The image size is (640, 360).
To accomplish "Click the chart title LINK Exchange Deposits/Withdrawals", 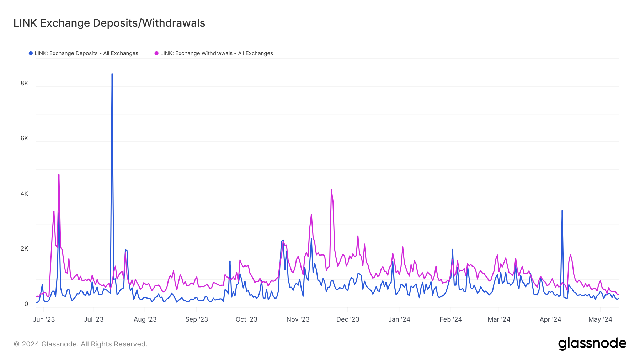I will pos(109,23).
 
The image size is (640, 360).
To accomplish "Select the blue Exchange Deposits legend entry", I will pos(84,53).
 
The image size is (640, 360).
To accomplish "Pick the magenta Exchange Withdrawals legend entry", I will pos(214,53).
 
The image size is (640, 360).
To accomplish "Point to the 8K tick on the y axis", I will pos(24,83).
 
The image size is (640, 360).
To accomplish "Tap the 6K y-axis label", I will pos(24,138).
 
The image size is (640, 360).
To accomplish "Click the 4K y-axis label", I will pos(24,194).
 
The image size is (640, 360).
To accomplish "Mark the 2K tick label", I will pos(24,248).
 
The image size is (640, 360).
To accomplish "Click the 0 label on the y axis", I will pos(26,304).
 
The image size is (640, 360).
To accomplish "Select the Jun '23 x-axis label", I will pos(44,319).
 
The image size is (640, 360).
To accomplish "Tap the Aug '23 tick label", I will pos(145,319).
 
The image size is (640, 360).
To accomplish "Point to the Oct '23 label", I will pos(246,319).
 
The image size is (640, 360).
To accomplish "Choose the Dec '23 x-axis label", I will pos(348,319).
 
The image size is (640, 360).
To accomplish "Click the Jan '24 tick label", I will pos(399,319).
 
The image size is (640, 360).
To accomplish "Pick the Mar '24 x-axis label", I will pos(499,319).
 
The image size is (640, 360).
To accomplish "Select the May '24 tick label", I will pos(600,319).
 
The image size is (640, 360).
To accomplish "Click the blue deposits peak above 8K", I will pos(112,74).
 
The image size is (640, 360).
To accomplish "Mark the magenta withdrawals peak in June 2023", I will pos(59,175).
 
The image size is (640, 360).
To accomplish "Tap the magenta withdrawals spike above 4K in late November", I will pos(331,190).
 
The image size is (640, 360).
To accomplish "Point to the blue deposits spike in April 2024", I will pos(562,211).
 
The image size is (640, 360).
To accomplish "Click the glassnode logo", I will pos(592,344).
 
